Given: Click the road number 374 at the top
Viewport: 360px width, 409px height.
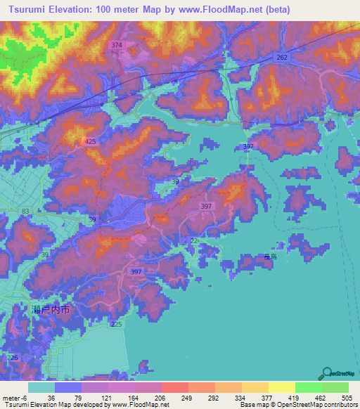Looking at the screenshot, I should click(x=117, y=45).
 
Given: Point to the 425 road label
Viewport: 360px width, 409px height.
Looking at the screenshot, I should click(x=90, y=142).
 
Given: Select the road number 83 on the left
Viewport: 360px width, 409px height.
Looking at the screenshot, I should click(x=26, y=211).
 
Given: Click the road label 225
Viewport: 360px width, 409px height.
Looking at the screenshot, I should click(x=116, y=324).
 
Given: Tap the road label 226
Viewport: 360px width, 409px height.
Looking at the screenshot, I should click(x=12, y=358).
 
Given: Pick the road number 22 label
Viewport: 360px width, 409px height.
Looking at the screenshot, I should click(x=194, y=241).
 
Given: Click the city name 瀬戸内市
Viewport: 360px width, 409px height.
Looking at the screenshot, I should click(x=51, y=309).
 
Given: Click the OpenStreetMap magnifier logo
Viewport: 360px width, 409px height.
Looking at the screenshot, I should click(x=327, y=374).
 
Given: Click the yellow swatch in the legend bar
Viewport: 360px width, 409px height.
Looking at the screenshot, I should click(x=281, y=387).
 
